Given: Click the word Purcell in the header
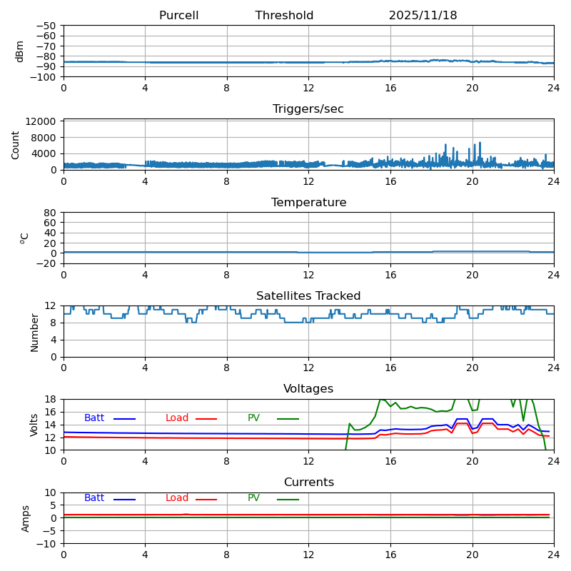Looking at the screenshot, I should click(178, 16).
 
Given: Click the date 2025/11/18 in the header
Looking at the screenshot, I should click(423, 16).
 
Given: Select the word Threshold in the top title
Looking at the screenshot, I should click(284, 16).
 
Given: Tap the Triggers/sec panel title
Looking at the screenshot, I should click(308, 109).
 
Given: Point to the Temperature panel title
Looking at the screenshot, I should click(308, 203).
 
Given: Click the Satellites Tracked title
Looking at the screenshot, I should click(308, 296).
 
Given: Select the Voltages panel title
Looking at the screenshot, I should click(308, 389).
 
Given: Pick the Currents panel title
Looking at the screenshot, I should click(308, 482).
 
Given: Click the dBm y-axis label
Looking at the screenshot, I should click(20, 51).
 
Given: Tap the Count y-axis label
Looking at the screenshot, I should click(16, 144).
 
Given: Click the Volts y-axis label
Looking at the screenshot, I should click(34, 425).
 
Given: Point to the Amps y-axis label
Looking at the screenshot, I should click(26, 518).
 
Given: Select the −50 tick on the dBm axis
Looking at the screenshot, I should click(46, 26).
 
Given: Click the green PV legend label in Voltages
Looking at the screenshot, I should click(253, 418).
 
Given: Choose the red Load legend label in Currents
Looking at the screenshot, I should click(177, 498).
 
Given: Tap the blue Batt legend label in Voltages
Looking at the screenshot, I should click(94, 418).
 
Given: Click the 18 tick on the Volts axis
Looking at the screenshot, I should click(52, 399).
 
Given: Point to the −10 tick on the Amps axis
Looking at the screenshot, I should click(48, 544).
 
